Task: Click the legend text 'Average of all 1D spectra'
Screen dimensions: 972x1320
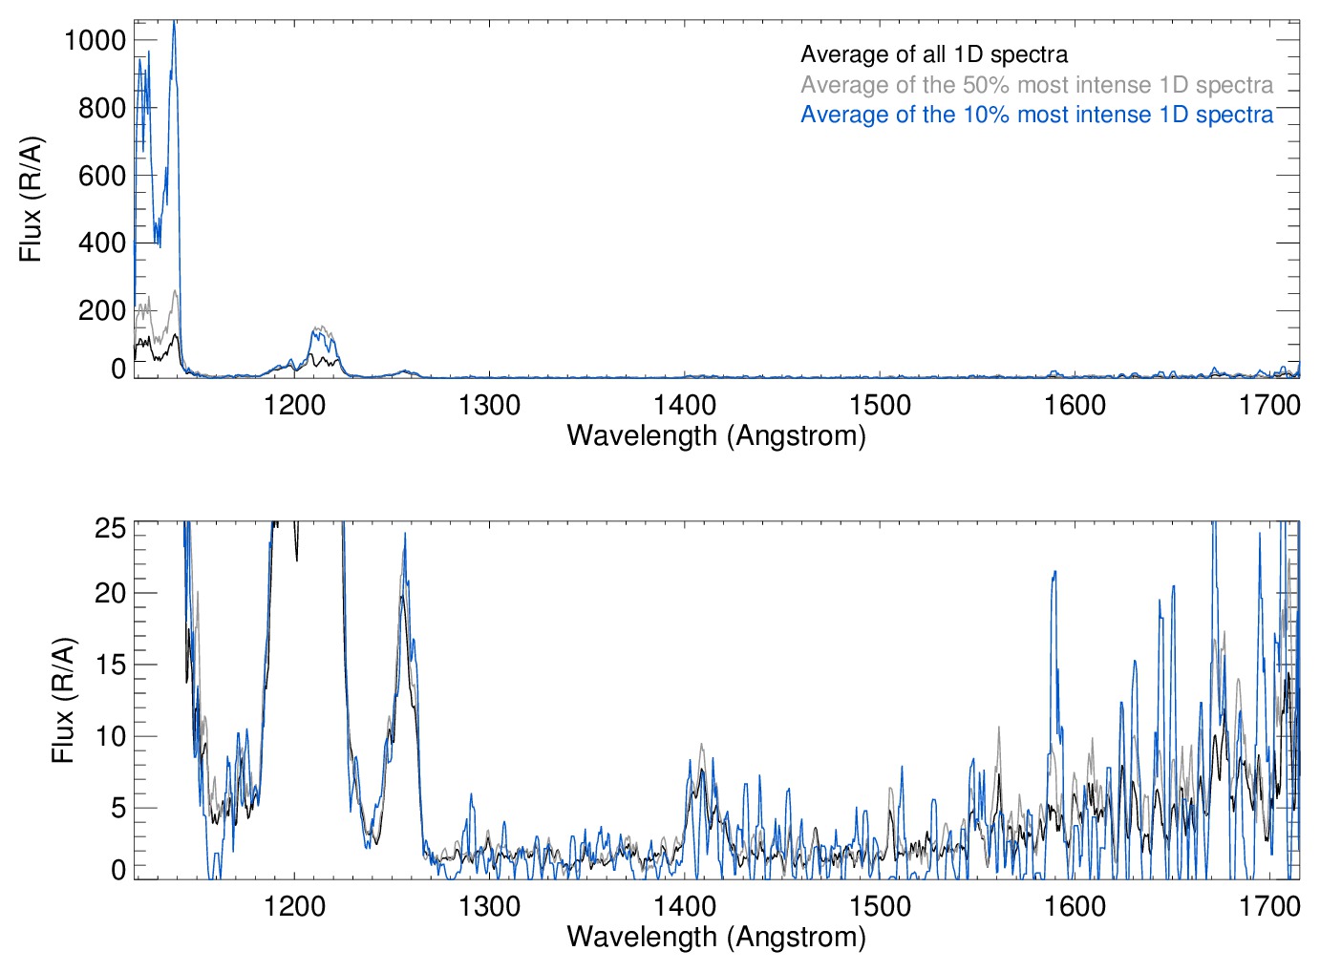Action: click(x=933, y=54)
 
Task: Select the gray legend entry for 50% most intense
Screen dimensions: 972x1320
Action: click(x=1036, y=85)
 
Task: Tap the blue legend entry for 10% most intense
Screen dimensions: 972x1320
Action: click(x=1036, y=115)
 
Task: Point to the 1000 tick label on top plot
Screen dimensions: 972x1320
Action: click(x=95, y=40)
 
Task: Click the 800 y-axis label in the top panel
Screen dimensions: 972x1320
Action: click(x=101, y=108)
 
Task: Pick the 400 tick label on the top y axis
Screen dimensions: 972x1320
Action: click(x=101, y=243)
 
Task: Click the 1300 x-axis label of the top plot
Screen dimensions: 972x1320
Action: click(x=489, y=405)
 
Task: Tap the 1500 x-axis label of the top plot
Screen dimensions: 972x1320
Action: click(x=880, y=405)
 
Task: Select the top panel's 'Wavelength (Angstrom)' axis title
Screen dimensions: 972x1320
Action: click(x=716, y=435)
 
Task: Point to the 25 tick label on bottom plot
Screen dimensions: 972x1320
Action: click(x=111, y=527)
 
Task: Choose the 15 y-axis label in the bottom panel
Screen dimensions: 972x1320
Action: click(x=111, y=665)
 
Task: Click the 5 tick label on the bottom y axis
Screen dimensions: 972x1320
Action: click(x=117, y=808)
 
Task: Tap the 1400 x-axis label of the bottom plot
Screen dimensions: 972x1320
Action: click(x=685, y=905)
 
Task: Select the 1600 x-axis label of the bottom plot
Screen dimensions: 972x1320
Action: click(x=1075, y=905)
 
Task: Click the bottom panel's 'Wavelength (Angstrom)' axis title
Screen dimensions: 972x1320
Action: click(x=716, y=937)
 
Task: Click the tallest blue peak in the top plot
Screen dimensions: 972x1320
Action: click(x=174, y=24)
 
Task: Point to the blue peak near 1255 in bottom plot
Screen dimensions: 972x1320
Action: click(x=405, y=535)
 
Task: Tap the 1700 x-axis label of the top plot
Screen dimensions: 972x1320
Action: click(x=1269, y=405)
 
